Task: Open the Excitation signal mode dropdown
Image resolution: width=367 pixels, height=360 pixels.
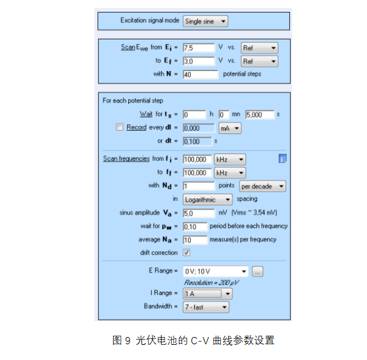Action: [205, 21]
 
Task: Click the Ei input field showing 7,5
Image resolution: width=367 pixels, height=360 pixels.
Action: [199, 48]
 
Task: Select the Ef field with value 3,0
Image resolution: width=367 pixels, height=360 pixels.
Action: [199, 61]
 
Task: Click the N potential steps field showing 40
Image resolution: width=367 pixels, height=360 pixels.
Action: [201, 75]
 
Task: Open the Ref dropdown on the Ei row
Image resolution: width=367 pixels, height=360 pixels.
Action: [259, 48]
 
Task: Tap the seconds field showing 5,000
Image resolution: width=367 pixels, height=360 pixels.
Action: [260, 115]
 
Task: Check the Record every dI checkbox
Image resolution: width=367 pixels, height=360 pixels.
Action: [120, 127]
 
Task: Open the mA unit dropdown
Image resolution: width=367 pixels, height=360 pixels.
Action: [230, 128]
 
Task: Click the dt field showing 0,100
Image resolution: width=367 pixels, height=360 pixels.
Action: [197, 141]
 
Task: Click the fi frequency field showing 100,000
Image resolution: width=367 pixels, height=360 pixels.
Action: [197, 160]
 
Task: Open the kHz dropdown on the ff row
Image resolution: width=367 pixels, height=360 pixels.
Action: [230, 173]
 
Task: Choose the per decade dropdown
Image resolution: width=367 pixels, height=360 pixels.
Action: [262, 187]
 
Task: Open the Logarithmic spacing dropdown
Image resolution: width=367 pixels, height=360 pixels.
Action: [208, 200]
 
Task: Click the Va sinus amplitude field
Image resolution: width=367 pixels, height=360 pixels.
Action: [199, 214]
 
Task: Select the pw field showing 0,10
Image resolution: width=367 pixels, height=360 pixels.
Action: [195, 227]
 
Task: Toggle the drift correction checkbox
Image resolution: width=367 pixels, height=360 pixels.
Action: [187, 253]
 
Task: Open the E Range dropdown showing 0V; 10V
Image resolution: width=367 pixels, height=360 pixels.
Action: [216, 271]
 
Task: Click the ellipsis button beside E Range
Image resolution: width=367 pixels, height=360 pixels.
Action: [257, 271]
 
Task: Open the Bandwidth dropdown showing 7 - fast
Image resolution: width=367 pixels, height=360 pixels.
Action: [206, 307]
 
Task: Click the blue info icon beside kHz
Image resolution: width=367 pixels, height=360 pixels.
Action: [283, 159]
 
